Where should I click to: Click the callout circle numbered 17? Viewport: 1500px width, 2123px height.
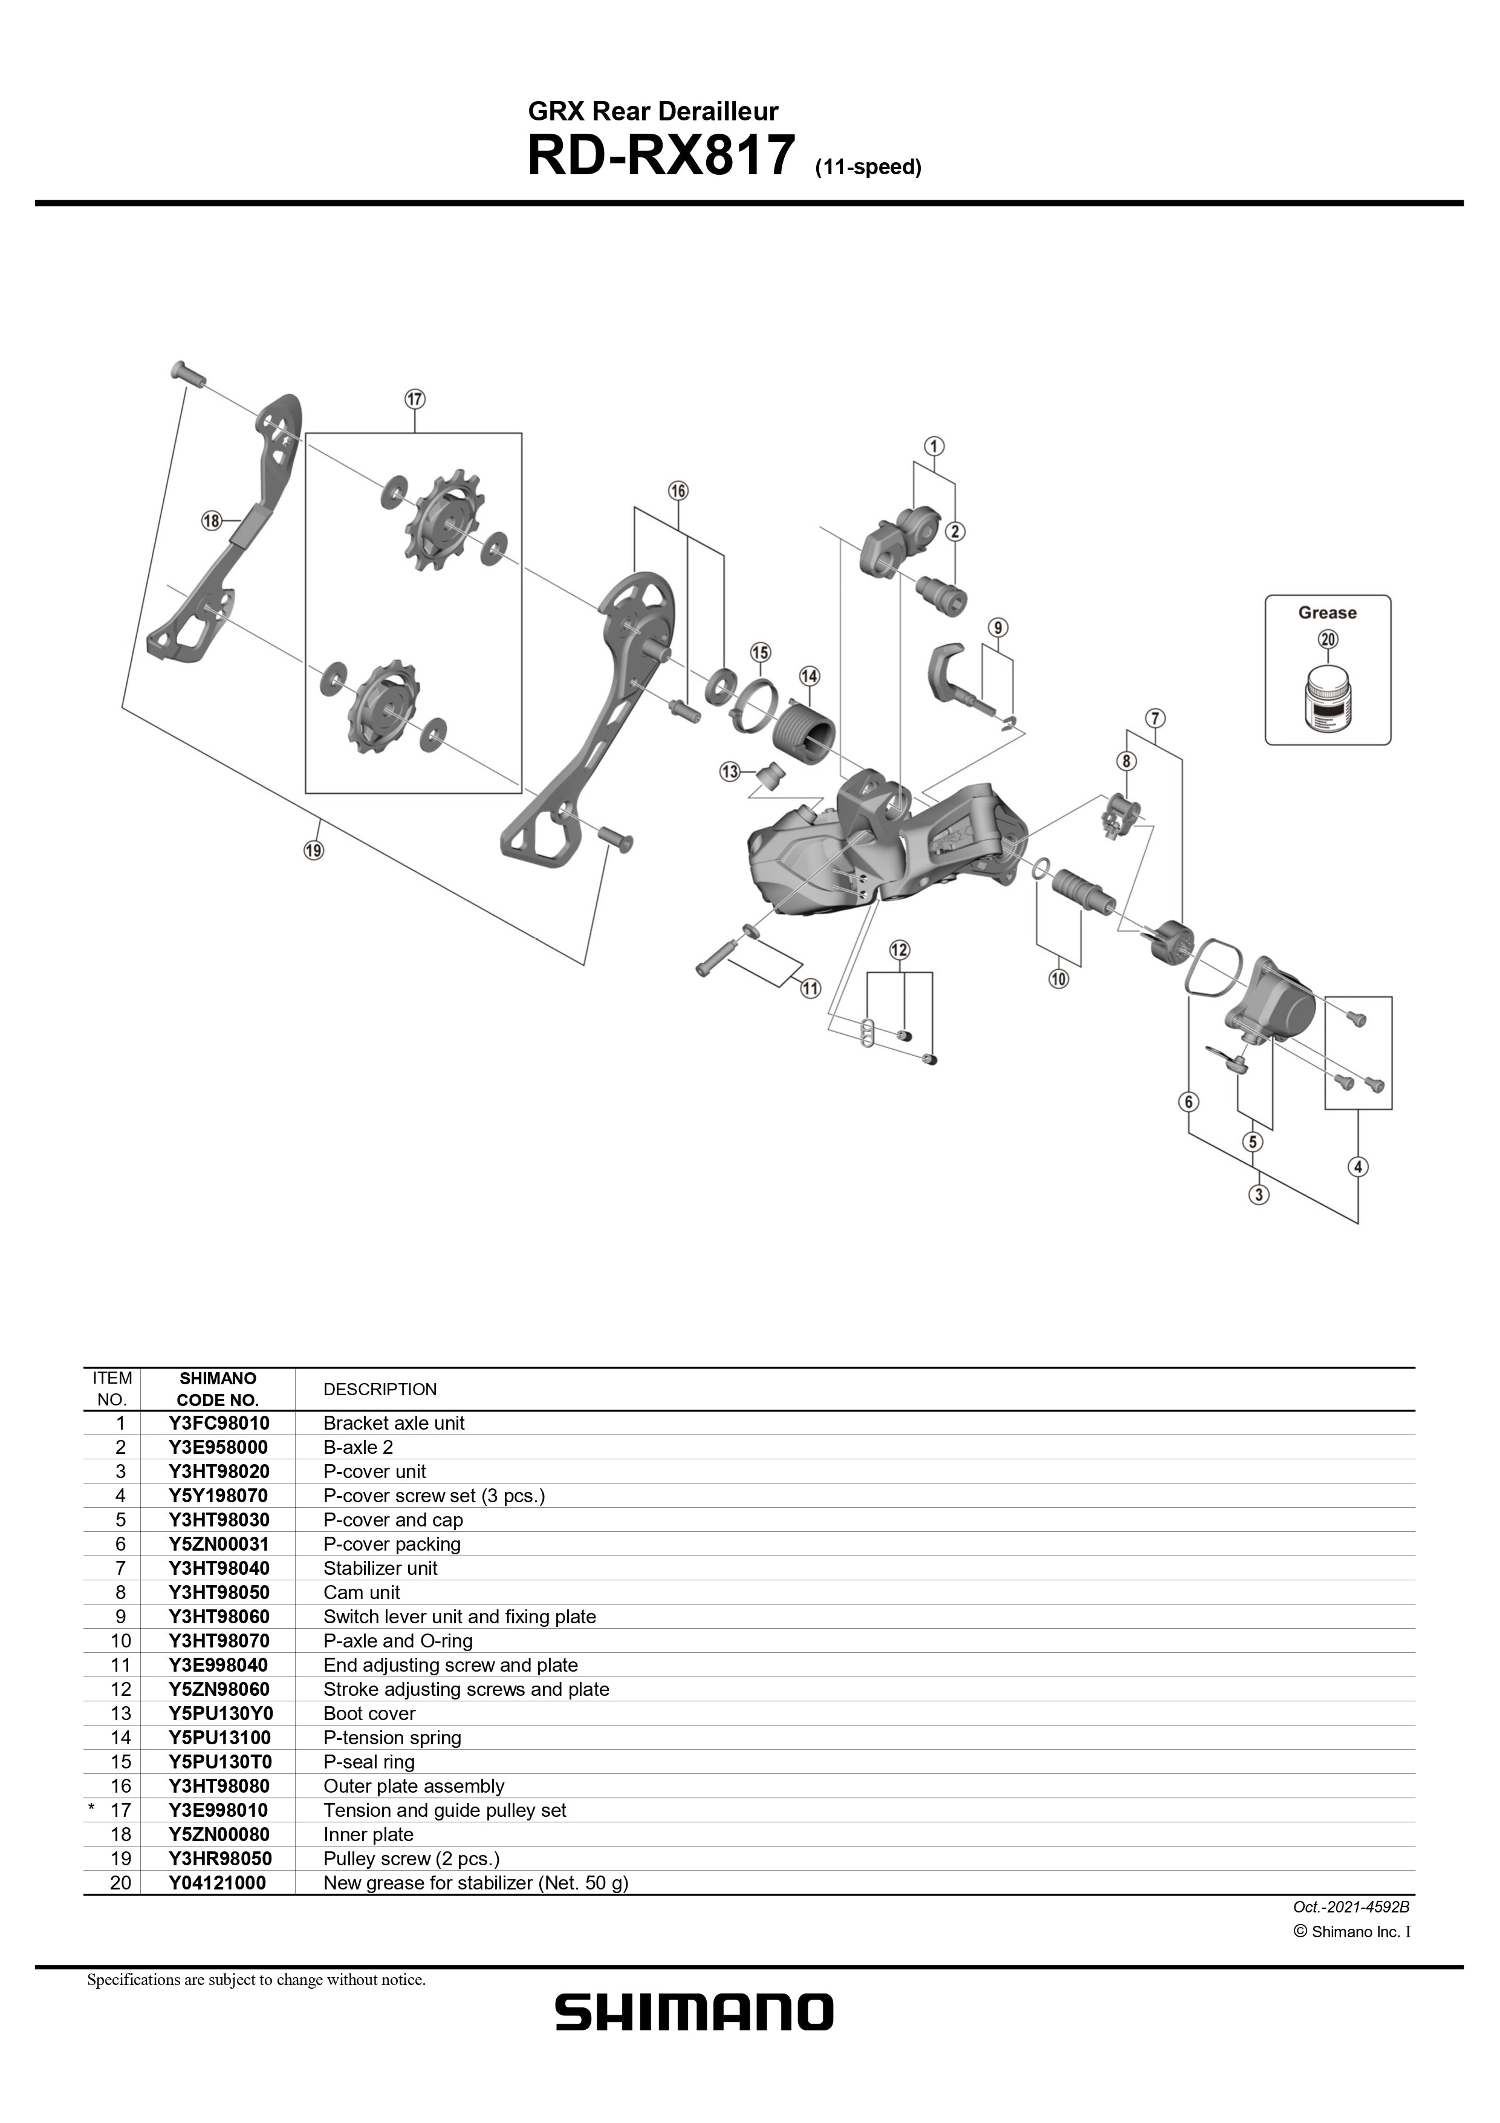tap(414, 399)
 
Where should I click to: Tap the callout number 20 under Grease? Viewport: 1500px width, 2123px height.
tap(1328, 639)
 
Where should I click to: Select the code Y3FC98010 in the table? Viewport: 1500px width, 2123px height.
tap(218, 1423)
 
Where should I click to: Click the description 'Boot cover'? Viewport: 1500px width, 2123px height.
tap(369, 1713)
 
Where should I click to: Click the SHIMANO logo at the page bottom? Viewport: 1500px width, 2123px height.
tap(693, 2012)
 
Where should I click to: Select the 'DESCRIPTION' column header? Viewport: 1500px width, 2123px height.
tap(380, 1390)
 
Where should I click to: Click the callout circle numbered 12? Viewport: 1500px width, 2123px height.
tap(899, 950)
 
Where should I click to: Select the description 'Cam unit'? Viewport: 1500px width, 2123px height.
tap(362, 1592)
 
